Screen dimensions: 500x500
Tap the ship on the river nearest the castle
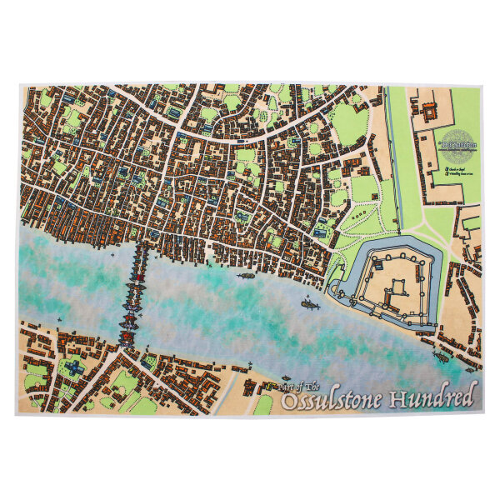(309, 305)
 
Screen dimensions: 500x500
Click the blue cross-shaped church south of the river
(73, 367)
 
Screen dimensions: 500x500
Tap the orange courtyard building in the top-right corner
(430, 109)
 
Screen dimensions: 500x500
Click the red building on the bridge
(127, 335)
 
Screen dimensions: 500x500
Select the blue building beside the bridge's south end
(147, 361)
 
